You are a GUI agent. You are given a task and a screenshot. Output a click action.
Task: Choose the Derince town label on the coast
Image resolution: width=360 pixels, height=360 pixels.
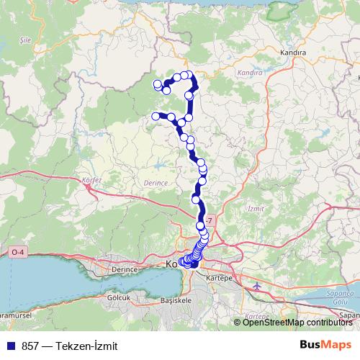(x=125, y=269)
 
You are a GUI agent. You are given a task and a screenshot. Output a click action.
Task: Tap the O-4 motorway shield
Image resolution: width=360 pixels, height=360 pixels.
(x=17, y=252)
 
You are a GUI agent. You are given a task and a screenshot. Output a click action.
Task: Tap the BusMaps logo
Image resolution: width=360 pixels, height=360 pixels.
(x=325, y=344)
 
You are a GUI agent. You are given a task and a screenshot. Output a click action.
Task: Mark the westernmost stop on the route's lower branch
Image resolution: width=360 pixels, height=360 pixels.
(x=156, y=116)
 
